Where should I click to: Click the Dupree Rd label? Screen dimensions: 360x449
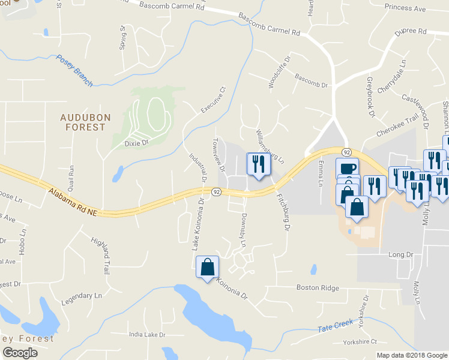click(411, 31)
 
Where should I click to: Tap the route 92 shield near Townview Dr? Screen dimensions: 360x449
click(217, 191)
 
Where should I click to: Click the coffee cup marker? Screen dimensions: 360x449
click(347, 169)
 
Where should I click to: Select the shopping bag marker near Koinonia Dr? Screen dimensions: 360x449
click(207, 267)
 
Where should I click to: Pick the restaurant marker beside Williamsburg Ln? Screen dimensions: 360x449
click(259, 164)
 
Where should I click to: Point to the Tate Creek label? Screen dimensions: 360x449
click(335, 326)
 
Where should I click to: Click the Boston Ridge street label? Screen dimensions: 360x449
click(318, 288)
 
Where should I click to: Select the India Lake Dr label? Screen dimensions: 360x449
click(146, 334)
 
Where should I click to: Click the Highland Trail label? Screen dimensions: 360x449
click(102, 254)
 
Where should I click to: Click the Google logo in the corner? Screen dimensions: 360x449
click(20, 353)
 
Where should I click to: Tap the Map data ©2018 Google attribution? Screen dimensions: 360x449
click(411, 355)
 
